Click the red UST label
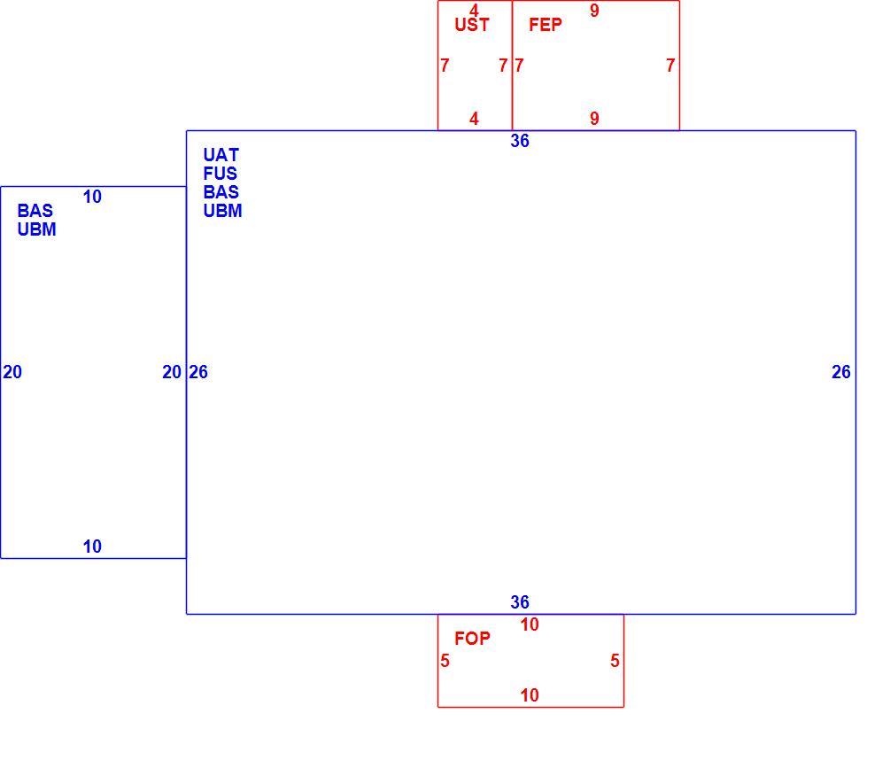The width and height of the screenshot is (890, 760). [472, 25]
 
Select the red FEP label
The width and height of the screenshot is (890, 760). [546, 25]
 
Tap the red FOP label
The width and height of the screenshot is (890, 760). [472, 639]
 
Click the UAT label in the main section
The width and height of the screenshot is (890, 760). [221, 155]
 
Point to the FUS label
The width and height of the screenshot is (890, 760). [221, 174]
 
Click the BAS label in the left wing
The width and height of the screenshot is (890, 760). [35, 211]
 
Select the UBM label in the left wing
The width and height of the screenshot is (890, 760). [37, 229]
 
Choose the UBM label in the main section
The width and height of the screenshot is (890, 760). [222, 211]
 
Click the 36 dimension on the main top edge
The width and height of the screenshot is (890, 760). [520, 141]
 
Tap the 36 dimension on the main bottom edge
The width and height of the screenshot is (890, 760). [520, 602]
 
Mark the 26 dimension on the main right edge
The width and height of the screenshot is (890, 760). [841, 372]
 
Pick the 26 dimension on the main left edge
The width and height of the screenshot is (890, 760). [198, 372]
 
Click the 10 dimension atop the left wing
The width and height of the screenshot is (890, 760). [92, 197]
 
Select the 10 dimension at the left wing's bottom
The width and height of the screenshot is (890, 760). [92, 547]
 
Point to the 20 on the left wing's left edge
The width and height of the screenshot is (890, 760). [12, 372]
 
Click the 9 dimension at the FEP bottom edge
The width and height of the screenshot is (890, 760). [594, 119]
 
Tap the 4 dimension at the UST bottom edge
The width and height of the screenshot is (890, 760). [474, 119]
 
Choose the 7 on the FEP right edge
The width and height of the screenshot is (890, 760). [670, 66]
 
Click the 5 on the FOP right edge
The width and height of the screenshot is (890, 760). [615, 661]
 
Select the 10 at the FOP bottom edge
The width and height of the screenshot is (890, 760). [530, 695]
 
